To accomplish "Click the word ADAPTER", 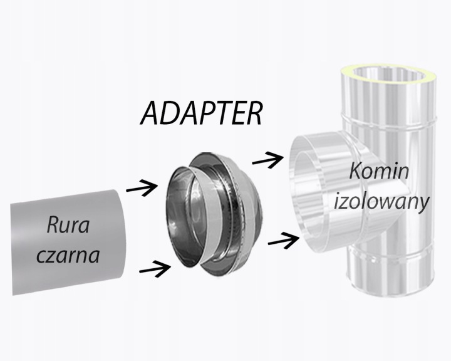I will (x=200, y=113).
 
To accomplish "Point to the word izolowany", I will (x=381, y=202).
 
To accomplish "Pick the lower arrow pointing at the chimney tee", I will (x=281, y=239).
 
